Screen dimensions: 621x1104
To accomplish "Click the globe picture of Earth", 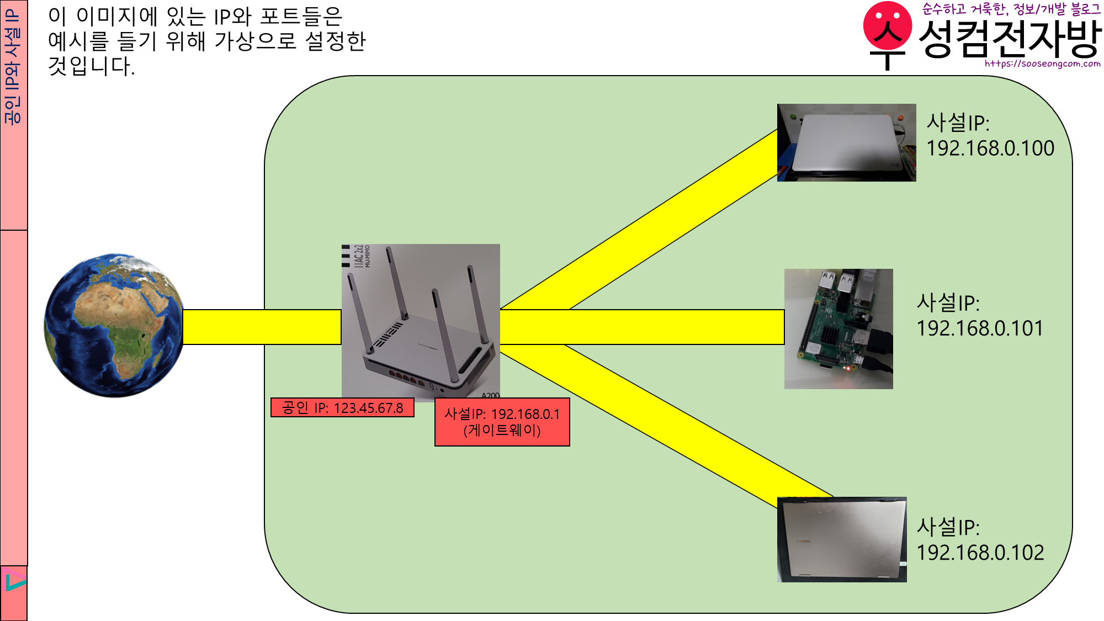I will [x=114, y=325].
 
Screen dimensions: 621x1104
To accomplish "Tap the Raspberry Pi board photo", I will [x=838, y=328].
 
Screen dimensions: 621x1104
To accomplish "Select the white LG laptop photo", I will [x=846, y=142].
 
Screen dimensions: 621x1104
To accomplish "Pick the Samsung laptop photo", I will [x=842, y=539].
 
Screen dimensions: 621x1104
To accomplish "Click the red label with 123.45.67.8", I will [x=342, y=408].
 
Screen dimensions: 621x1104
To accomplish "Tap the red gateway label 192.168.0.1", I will [x=502, y=422].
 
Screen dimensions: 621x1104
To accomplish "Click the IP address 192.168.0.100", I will [x=990, y=148].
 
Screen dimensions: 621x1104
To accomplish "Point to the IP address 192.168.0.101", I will [x=980, y=328].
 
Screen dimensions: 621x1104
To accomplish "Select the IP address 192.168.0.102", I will [x=980, y=553].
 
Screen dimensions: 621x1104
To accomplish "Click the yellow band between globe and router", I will [x=262, y=327].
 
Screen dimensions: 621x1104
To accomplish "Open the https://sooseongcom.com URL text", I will [x=1042, y=63].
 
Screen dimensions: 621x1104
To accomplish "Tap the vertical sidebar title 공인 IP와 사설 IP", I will [x=13, y=66].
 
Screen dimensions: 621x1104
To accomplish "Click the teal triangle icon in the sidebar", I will [x=15, y=582].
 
